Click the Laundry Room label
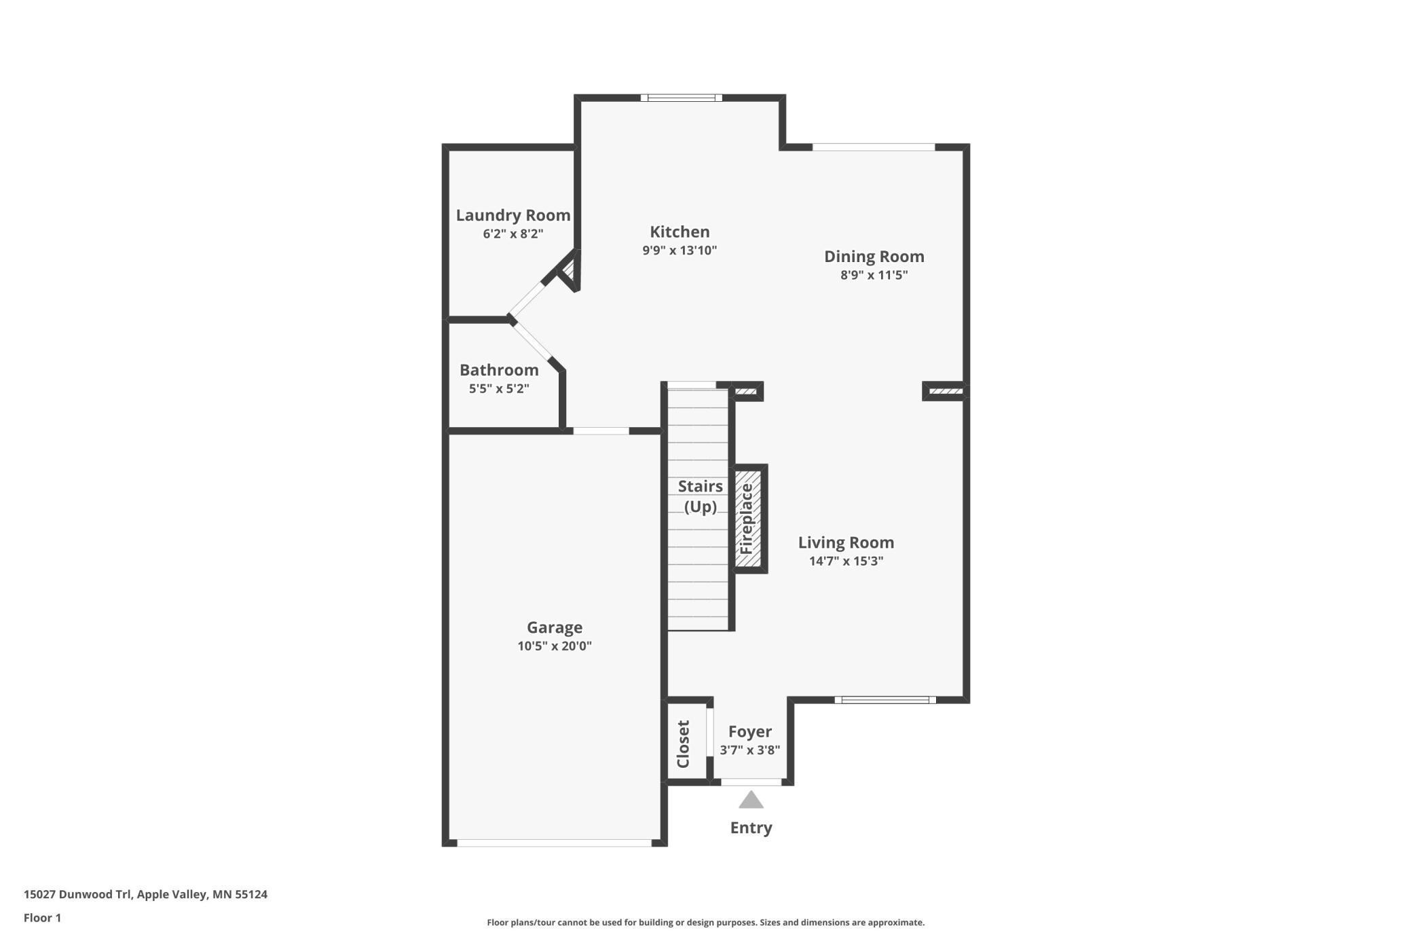[513, 215]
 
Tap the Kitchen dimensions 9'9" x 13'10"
[680, 251]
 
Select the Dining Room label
[874, 257]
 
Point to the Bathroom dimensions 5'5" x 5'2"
[499, 389]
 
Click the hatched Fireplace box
[749, 519]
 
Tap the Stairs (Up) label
[700, 496]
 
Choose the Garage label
[554, 627]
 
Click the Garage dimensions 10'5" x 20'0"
[554, 646]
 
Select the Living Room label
[845, 542]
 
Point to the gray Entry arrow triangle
[751, 801]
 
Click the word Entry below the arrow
[751, 828]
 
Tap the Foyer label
[749, 732]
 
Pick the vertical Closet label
[684, 744]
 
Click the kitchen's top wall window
[681, 98]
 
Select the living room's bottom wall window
[885, 700]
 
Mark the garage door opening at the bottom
[554, 843]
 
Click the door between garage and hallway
[601, 431]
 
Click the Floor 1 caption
[42, 918]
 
